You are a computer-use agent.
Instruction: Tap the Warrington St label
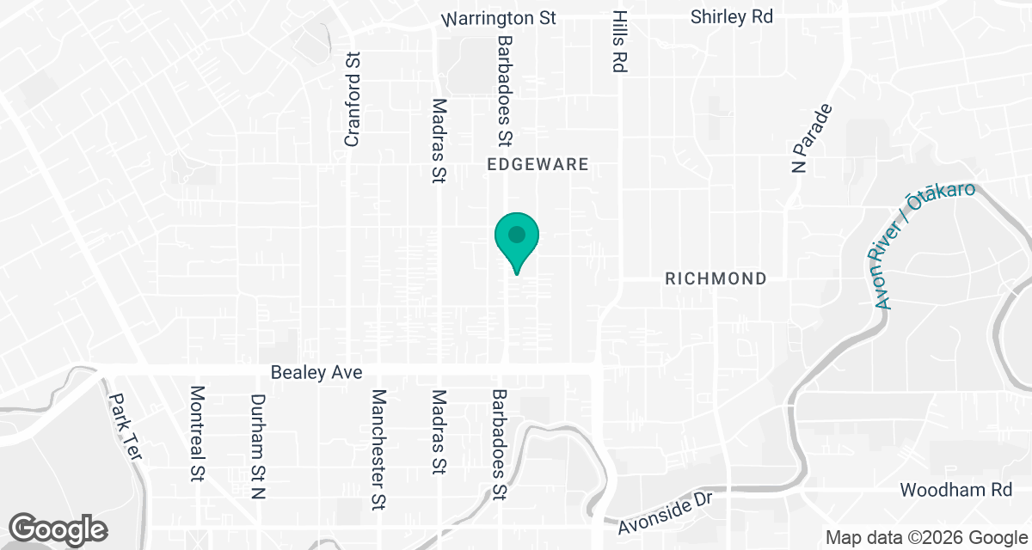499,17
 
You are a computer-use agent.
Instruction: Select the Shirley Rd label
732,16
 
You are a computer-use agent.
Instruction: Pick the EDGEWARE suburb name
537,164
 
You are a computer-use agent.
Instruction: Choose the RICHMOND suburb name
716,278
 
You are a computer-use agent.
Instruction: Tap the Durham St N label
257,447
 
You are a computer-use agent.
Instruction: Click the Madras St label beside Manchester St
439,432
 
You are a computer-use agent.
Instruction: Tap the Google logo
58,528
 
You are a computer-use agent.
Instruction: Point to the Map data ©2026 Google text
925,538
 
